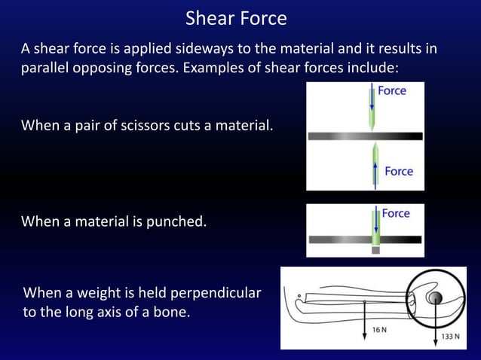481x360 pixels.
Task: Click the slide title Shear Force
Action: click(236, 17)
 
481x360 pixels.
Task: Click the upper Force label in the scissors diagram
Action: click(391, 91)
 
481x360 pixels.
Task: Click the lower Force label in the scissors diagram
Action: click(398, 171)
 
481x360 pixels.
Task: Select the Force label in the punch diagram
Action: click(395, 213)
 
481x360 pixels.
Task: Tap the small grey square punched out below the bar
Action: click(375, 250)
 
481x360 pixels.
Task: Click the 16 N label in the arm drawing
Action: click(381, 329)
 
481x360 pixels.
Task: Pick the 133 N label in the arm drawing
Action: click(450, 336)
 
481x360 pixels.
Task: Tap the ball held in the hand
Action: click(436, 297)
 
